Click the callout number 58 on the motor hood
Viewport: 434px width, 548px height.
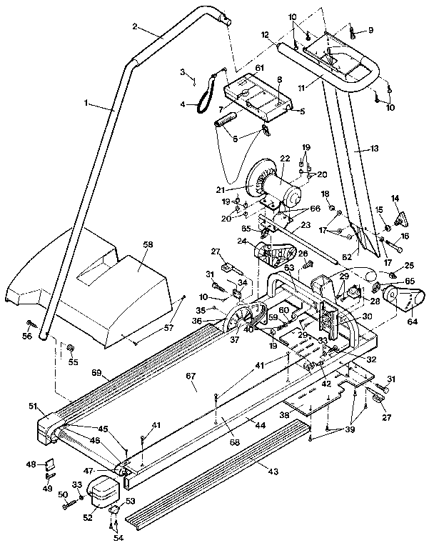pyautogui.click(x=148, y=244)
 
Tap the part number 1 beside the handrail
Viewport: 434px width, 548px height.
pyautogui.click(x=86, y=104)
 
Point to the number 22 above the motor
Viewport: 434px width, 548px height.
pyautogui.click(x=284, y=159)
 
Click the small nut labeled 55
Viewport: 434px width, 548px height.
pyautogui.click(x=72, y=348)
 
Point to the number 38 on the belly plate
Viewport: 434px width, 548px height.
pyautogui.click(x=285, y=414)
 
